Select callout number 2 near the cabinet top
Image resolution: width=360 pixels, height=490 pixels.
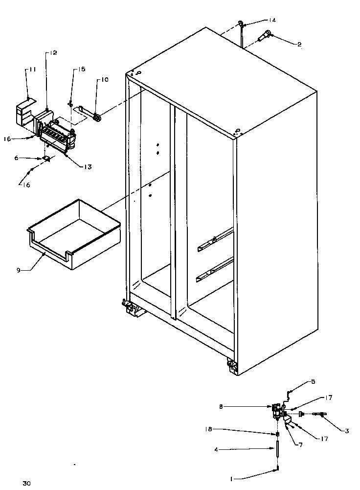[299, 44]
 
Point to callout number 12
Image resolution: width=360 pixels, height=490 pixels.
[52, 53]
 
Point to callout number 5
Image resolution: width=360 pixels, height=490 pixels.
[314, 381]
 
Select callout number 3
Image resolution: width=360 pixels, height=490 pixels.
[346, 431]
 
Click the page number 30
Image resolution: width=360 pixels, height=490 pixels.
[26, 484]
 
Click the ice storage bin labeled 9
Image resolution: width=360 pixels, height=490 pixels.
[73, 235]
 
